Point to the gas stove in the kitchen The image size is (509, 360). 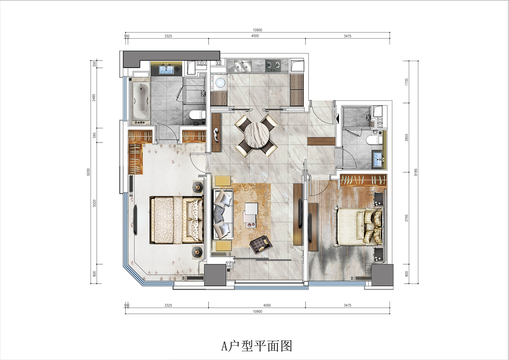tap(273, 66)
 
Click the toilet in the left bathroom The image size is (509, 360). tap(197, 115)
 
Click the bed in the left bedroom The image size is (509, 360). tap(177, 220)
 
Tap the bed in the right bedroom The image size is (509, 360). tap(360, 227)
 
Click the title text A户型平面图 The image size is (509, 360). tap(257, 346)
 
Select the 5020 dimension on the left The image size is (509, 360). tap(95, 204)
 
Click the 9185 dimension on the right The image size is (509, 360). tap(416, 172)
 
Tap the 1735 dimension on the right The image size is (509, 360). tap(407, 82)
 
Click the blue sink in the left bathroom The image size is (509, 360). tap(167, 69)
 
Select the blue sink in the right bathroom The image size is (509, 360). tap(378, 159)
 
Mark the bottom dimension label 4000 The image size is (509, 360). tap(267, 306)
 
